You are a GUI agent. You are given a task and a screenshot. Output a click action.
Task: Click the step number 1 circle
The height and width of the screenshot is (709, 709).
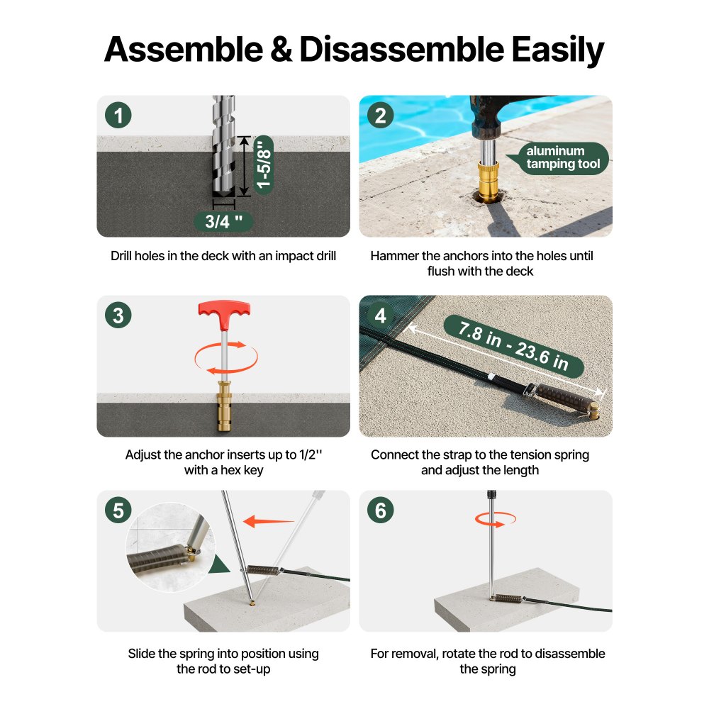[118, 115]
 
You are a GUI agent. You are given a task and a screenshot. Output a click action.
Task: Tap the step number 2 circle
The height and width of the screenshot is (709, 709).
[380, 115]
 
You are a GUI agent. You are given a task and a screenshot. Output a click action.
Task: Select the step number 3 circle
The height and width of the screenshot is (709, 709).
[118, 316]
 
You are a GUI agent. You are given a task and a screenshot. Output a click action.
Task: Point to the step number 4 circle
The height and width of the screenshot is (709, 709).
[380, 316]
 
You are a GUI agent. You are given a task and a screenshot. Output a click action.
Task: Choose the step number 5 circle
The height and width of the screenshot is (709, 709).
[118, 510]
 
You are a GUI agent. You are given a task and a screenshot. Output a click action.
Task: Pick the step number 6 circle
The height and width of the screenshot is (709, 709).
[380, 510]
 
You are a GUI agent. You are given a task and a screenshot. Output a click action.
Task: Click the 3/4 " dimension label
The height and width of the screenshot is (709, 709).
[223, 221]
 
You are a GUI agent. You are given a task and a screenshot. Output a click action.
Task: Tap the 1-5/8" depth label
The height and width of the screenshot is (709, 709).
[263, 164]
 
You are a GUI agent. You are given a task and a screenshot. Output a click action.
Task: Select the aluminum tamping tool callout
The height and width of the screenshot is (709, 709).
[558, 158]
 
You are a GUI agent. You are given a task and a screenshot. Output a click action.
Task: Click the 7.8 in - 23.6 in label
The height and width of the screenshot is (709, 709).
[513, 347]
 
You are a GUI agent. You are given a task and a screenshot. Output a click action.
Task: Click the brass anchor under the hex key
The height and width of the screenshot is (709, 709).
[225, 406]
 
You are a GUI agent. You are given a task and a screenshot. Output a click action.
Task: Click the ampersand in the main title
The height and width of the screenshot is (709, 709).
[281, 50]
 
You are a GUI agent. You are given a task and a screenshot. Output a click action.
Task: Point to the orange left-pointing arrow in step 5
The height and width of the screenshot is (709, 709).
[269, 521]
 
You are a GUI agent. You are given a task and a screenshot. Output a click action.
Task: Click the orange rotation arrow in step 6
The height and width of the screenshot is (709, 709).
[495, 520]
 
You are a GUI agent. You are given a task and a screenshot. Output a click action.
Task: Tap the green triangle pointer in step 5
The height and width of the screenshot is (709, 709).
[220, 565]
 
